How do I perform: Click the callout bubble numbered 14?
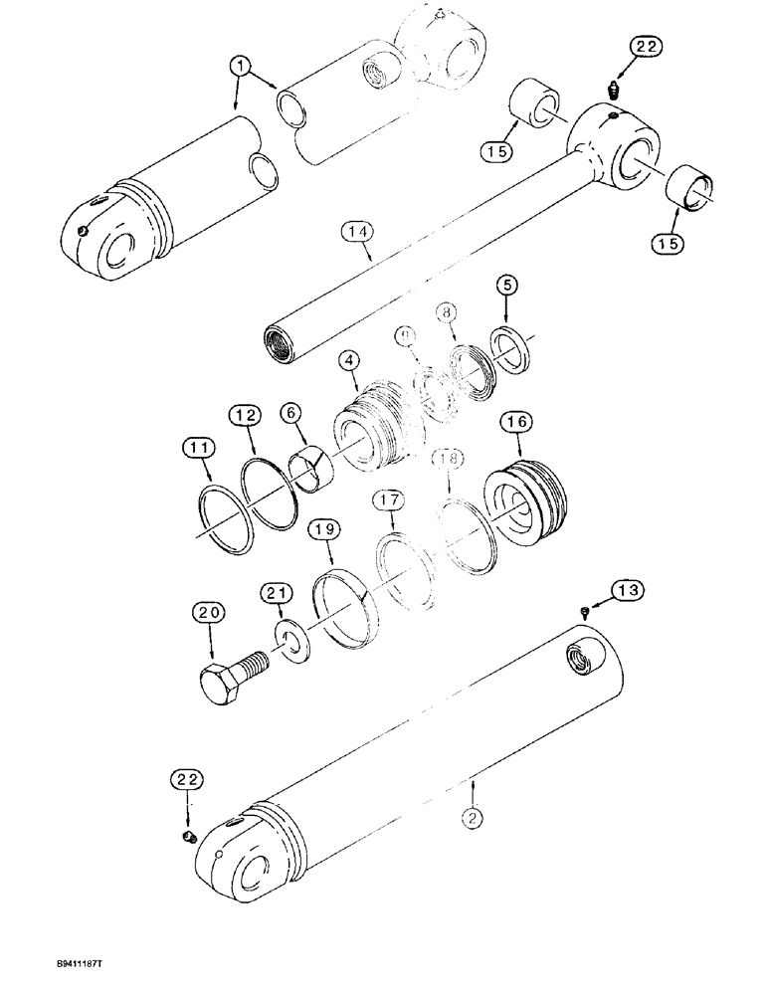359,234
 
